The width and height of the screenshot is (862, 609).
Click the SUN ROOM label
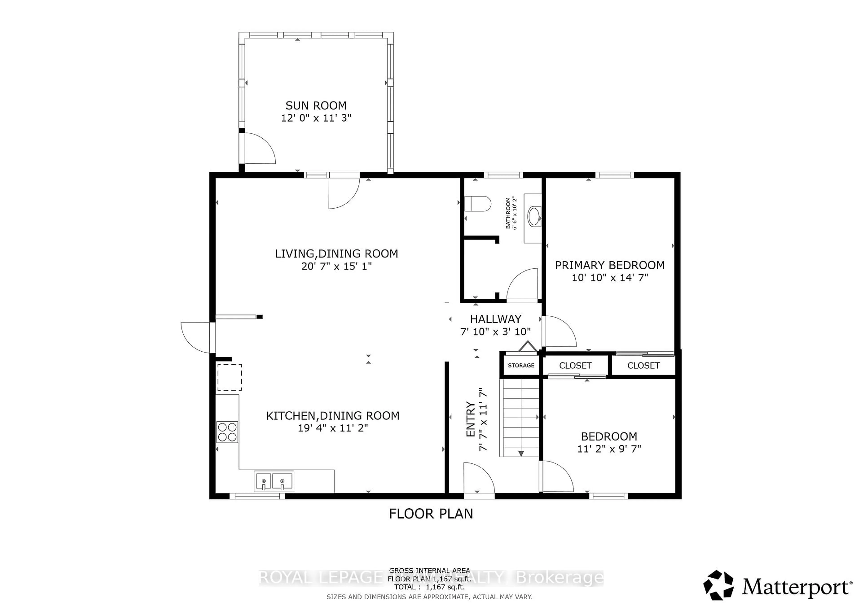pyautogui.click(x=316, y=105)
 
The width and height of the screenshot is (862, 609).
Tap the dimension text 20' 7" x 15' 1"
pyautogui.click(x=336, y=266)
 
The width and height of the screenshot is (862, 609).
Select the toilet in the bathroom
pyautogui.click(x=477, y=204)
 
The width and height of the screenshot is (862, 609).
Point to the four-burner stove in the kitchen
pyautogui.click(x=227, y=432)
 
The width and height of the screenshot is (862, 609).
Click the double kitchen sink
pyautogui.click(x=274, y=481)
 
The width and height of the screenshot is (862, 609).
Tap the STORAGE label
pyautogui.click(x=521, y=365)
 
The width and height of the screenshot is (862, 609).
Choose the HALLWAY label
pyautogui.click(x=496, y=319)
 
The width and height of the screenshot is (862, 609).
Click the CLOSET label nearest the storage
pyautogui.click(x=575, y=366)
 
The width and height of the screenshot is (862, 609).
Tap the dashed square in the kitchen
pyautogui.click(x=229, y=377)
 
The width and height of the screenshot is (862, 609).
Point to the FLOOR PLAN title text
pyautogui.click(x=431, y=514)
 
